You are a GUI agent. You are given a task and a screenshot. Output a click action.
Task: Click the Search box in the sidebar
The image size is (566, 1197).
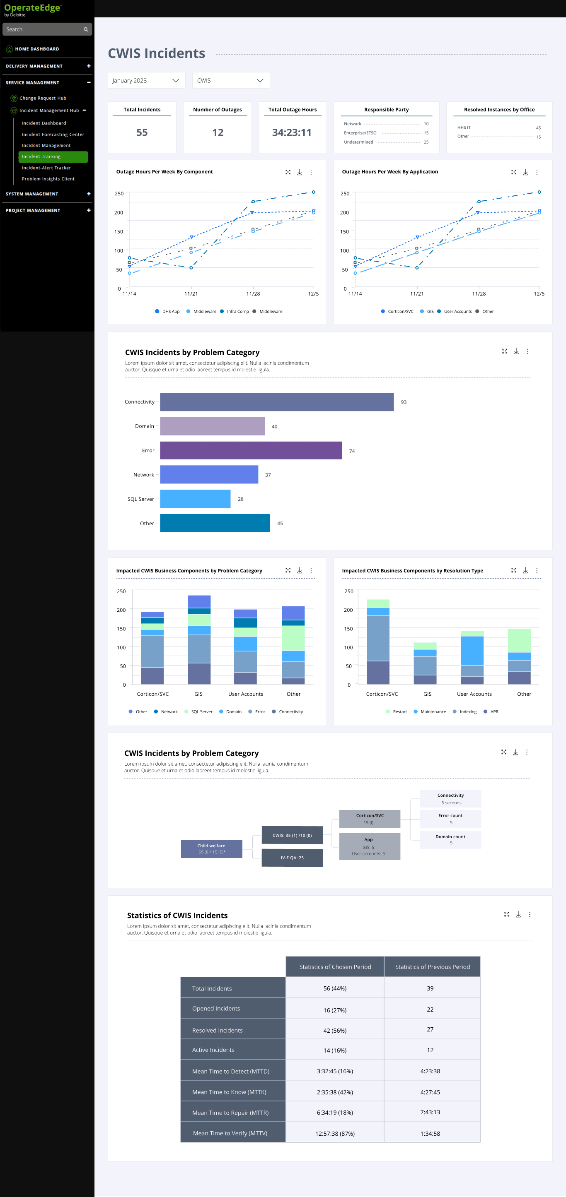click(x=47, y=29)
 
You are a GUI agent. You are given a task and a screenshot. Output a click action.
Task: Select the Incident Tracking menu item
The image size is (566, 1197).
click(x=53, y=156)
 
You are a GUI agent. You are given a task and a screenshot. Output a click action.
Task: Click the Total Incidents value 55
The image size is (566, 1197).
click(x=142, y=132)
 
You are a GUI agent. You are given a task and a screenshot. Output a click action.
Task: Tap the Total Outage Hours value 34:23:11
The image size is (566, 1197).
click(x=292, y=132)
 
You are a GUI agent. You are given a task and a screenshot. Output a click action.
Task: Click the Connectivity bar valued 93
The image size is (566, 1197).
click(x=277, y=402)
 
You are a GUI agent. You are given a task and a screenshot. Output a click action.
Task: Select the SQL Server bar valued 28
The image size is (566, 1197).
click(x=195, y=499)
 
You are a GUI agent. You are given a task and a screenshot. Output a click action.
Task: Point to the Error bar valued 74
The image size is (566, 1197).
click(x=251, y=450)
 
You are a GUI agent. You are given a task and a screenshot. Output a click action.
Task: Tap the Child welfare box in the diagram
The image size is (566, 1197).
click(x=212, y=848)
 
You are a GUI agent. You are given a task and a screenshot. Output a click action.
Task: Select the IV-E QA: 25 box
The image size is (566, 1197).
click(x=292, y=857)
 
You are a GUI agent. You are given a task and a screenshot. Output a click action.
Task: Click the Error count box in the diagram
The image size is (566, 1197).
click(x=451, y=818)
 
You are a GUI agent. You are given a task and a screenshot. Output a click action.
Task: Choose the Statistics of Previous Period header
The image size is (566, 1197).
click(x=433, y=966)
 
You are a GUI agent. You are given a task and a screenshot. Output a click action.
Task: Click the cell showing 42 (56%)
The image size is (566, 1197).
click(x=335, y=1030)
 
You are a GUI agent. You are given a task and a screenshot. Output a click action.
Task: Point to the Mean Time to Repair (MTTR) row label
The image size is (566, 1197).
click(x=230, y=1113)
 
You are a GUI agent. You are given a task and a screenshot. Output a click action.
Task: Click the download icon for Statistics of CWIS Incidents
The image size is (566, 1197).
click(x=518, y=914)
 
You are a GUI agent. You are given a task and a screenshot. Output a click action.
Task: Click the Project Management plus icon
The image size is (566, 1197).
click(x=89, y=211)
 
